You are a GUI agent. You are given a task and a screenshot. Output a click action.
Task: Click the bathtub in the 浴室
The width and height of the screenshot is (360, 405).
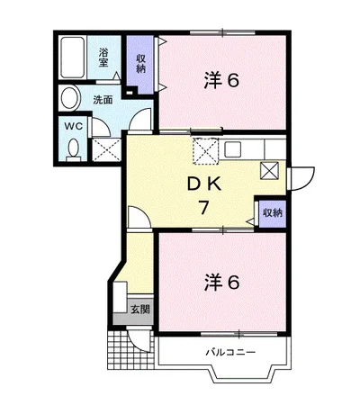[72, 58]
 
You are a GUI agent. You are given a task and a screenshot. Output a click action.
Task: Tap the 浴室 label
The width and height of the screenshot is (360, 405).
[103, 58]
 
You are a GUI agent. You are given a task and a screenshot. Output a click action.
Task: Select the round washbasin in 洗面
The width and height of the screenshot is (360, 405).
[71, 98]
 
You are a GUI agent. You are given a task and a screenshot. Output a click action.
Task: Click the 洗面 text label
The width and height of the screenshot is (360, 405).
[103, 100]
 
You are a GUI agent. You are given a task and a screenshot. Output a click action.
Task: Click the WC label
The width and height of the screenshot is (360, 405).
[74, 126]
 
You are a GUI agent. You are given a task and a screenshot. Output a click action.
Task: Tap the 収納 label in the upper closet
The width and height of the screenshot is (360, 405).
[140, 64]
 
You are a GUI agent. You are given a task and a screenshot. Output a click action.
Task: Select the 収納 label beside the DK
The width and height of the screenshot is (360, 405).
[273, 212]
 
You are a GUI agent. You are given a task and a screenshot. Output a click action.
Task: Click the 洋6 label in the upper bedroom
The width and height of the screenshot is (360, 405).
[221, 79]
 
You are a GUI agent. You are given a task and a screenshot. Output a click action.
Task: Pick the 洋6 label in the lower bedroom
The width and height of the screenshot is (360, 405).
[221, 282]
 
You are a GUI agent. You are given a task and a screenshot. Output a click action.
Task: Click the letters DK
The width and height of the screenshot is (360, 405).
[204, 184]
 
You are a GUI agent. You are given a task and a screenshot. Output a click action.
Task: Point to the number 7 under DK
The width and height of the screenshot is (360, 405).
[203, 207]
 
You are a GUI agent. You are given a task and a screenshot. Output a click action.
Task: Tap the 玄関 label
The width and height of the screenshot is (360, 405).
[139, 309]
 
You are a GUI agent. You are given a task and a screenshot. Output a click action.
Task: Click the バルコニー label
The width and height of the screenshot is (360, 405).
[230, 352]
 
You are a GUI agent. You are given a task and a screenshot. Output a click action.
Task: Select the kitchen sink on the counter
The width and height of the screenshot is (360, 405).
[233, 149]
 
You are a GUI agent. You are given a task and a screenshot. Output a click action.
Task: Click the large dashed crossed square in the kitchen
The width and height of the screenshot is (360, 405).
[205, 151]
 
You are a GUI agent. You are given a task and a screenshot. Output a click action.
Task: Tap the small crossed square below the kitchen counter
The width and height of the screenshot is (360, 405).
[270, 171]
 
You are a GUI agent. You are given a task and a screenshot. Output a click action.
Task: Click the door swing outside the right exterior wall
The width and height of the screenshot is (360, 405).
[301, 179]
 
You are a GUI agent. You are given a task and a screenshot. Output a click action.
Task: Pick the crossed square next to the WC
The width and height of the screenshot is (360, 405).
[106, 149]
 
